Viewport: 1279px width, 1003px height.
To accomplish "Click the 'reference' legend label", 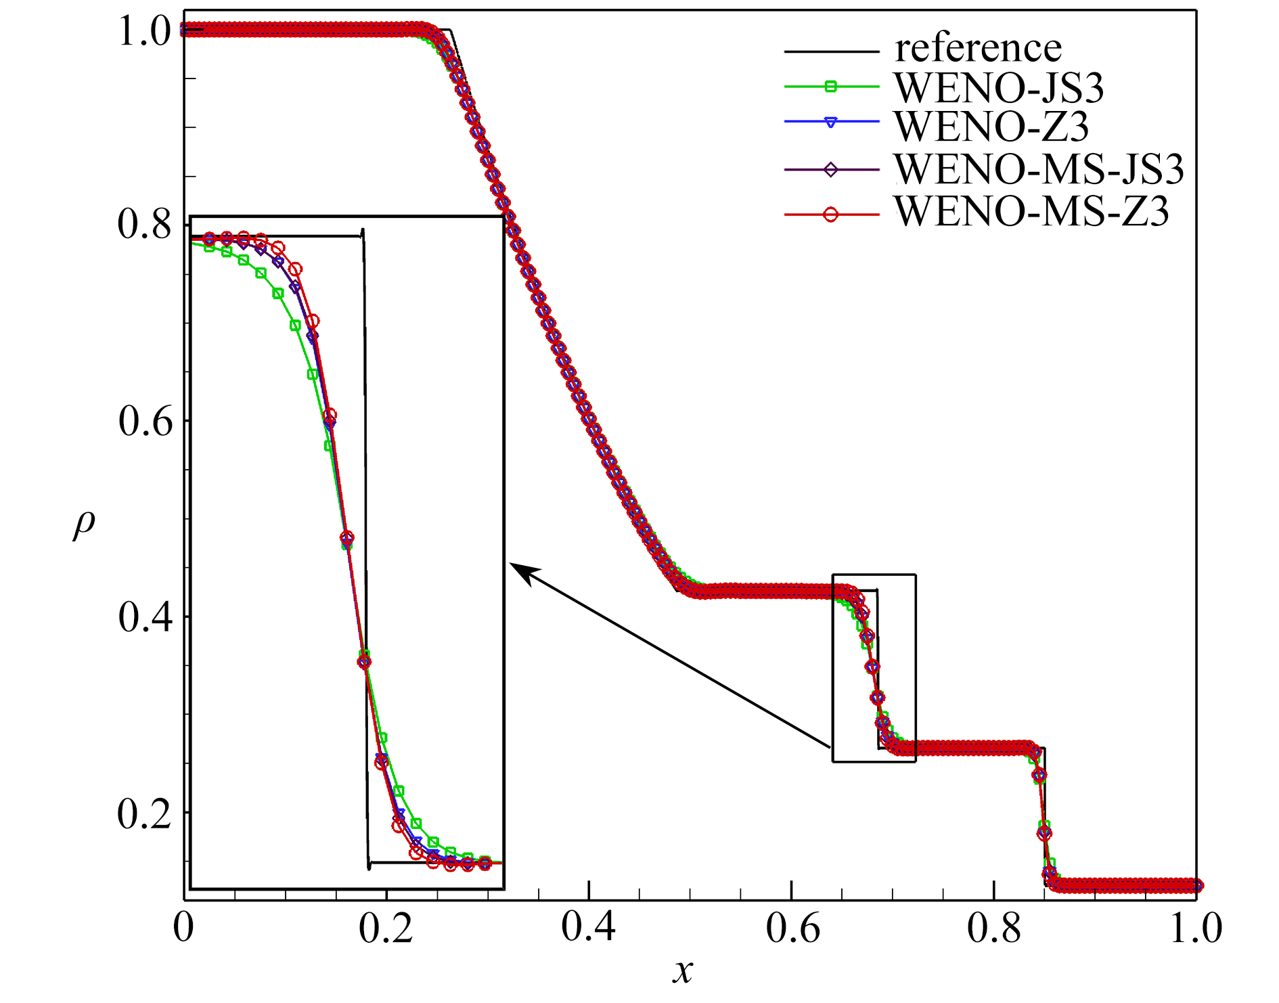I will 978,49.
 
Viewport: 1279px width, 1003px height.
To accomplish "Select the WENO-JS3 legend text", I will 999,88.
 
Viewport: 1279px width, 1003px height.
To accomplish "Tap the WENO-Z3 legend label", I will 991,126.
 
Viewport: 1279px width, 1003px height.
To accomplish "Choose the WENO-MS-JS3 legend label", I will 1039,169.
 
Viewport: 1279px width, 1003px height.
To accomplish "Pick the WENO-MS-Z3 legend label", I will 1031,212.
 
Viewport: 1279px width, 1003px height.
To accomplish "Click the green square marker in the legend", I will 831,86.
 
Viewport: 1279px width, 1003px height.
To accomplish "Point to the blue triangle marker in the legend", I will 831,122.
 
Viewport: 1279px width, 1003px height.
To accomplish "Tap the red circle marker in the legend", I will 831,215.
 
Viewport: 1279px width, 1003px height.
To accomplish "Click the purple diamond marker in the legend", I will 831,169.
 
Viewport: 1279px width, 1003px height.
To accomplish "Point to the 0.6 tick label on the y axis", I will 145,422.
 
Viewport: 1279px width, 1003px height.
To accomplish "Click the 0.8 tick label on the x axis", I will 993,928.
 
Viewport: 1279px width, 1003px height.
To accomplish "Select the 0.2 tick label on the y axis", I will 144,813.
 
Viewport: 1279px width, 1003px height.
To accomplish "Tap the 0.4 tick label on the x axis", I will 588,928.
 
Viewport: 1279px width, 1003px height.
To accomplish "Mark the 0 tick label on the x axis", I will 183,928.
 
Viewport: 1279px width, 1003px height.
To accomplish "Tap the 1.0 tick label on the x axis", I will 1195,928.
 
